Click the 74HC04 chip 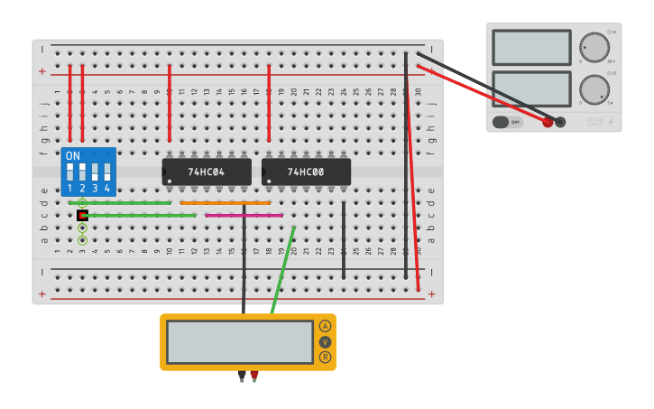(207, 172)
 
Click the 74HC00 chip (306, 172)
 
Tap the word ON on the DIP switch (72, 155)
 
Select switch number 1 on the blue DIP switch (69, 172)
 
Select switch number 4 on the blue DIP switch (106, 172)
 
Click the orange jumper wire (225, 203)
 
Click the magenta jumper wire (244, 216)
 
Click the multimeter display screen (239, 342)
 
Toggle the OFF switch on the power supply (508, 122)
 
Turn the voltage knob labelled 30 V (594, 47)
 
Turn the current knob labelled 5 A (594, 89)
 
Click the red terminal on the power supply (548, 122)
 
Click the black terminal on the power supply (560, 122)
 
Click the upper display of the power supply (531, 47)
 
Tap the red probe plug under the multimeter (254, 375)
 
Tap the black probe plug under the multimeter (242, 375)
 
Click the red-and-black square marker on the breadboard (82, 216)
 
